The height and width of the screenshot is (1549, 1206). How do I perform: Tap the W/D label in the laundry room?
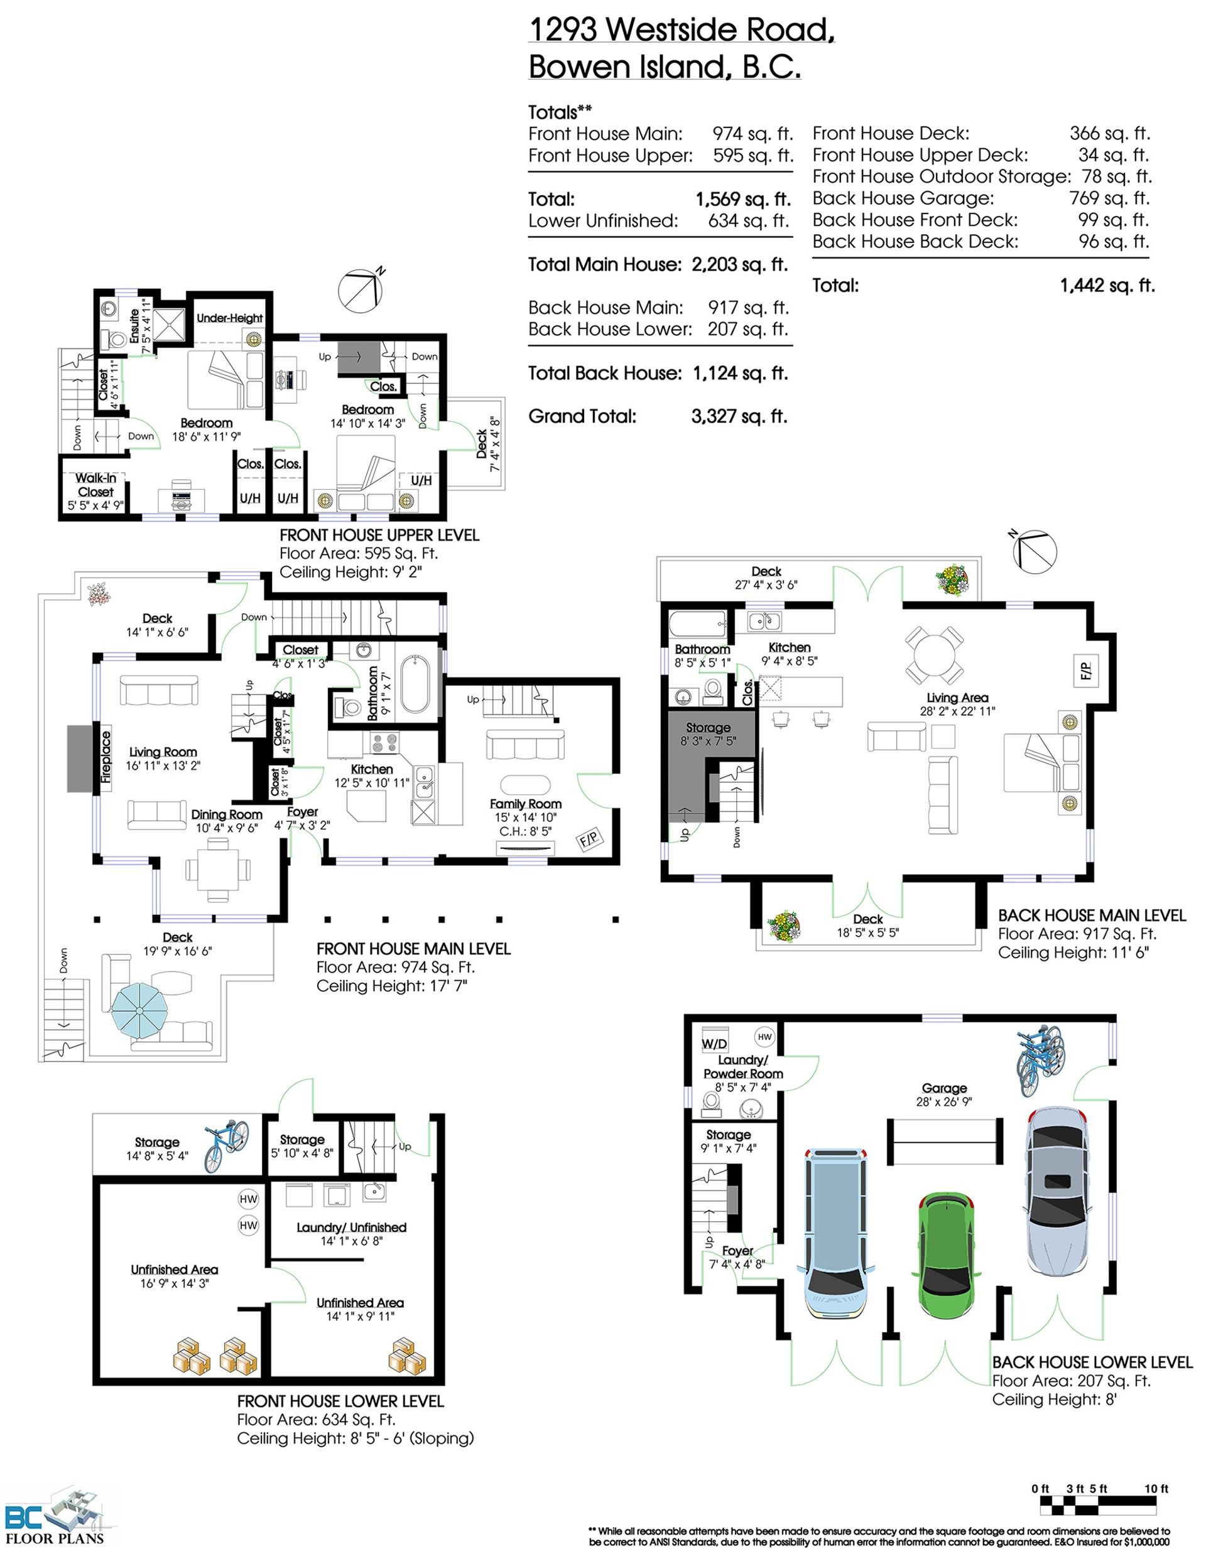tap(714, 1044)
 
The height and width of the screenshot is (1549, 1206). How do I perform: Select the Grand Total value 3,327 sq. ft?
tap(739, 416)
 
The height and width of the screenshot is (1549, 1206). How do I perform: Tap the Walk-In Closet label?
tap(95, 485)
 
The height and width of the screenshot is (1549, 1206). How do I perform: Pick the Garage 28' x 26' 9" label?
tap(944, 1094)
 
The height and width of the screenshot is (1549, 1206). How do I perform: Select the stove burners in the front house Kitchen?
tap(385, 743)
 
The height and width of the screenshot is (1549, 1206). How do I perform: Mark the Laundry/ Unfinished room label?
tap(352, 1234)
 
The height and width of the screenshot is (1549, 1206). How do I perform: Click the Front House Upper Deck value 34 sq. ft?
tap(1114, 155)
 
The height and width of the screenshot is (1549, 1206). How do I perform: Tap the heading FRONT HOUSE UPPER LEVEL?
tap(379, 536)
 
